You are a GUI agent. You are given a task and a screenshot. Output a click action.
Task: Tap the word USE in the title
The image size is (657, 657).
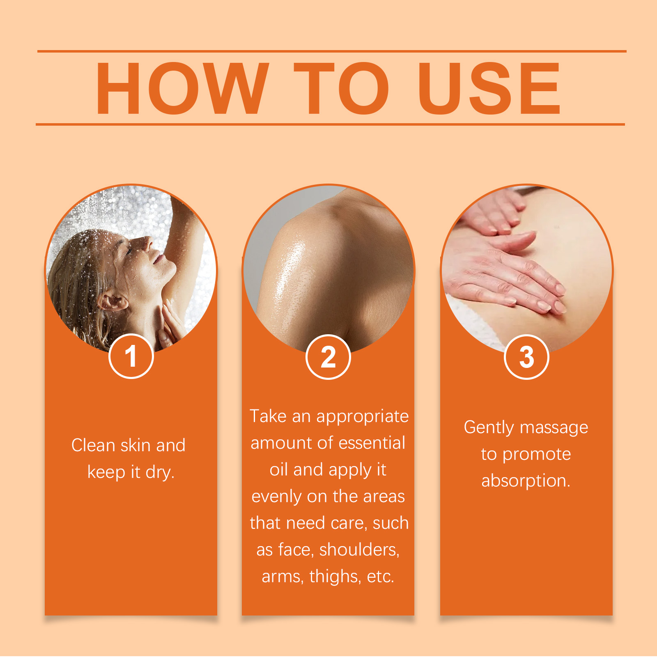pyautogui.click(x=489, y=88)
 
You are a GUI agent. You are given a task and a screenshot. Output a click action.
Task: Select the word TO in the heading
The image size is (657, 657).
pyautogui.click(x=341, y=88)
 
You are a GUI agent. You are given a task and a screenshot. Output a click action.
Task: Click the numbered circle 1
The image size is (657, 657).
pyautogui.click(x=131, y=356)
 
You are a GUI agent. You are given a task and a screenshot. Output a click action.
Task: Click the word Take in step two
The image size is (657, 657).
pyautogui.click(x=268, y=416)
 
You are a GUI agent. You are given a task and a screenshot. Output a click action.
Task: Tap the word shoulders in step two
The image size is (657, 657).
pyautogui.click(x=359, y=550)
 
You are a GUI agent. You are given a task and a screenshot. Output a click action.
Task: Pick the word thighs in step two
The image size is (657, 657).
pyautogui.click(x=335, y=577)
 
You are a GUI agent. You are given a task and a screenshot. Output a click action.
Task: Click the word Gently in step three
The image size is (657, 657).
pyautogui.click(x=489, y=428)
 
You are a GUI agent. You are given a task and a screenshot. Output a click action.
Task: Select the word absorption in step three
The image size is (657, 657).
pyautogui.click(x=526, y=481)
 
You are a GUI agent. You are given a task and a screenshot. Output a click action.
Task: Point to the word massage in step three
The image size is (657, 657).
pyautogui.click(x=554, y=428)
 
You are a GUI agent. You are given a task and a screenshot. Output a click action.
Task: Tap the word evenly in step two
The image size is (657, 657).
pyautogui.click(x=277, y=497)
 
